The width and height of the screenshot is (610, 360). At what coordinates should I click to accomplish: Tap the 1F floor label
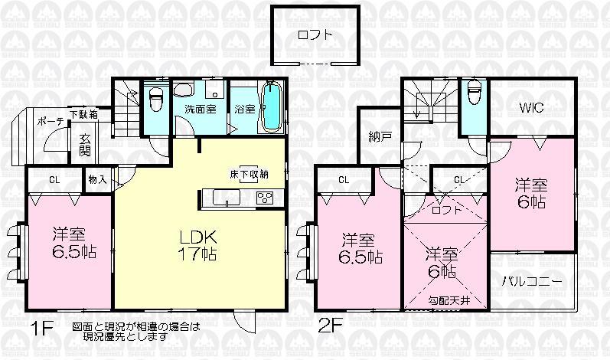pos(42,330)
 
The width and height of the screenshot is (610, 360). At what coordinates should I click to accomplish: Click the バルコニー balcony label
pos(533,281)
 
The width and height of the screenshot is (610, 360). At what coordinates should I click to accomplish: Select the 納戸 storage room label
pos(380,136)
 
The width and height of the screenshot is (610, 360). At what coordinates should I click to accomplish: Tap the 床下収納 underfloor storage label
pos(249,174)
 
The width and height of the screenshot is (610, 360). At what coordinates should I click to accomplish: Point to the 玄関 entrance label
pos(85,145)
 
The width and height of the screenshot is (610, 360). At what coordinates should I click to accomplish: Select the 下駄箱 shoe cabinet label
pos(83,116)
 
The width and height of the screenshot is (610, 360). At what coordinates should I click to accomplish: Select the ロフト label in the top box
pos(315,34)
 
